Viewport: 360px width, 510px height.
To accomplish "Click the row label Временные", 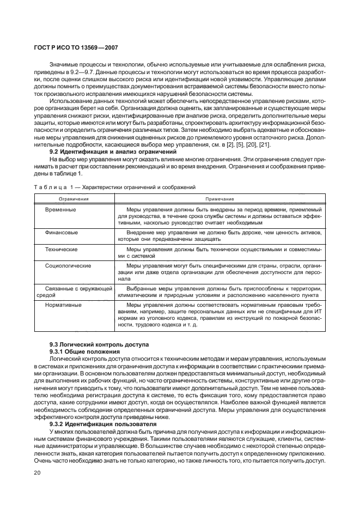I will [61, 209].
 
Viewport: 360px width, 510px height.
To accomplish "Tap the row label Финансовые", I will [62, 232].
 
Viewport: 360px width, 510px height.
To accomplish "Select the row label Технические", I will [61, 249].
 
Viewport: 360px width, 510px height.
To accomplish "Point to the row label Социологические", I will [69, 265].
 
